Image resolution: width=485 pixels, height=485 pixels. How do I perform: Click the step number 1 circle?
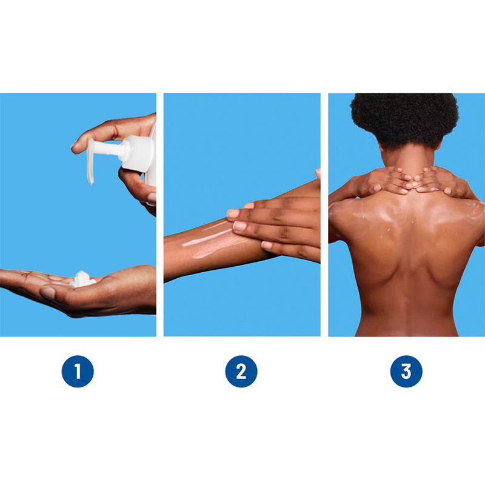[78, 371]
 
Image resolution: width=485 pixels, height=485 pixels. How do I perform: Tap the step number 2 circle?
[241, 371]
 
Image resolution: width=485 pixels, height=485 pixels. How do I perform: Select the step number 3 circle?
[406, 371]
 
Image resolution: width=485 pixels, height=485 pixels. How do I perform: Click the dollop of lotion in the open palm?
[82, 279]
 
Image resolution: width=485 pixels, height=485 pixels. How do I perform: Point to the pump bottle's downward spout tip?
[90, 182]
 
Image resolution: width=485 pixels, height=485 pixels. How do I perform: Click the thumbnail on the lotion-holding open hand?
[47, 292]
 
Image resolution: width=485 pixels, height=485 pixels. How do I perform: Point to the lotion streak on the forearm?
[206, 239]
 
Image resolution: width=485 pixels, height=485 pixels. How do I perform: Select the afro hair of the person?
[404, 119]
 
